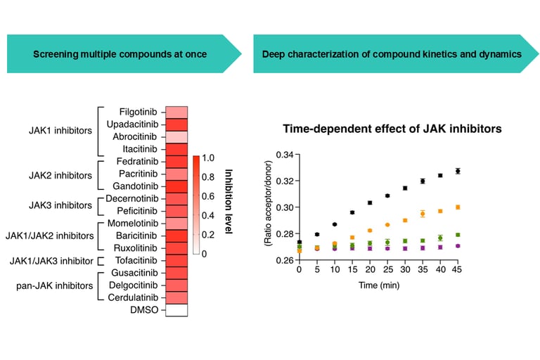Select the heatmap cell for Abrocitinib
177,137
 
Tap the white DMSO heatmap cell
177,311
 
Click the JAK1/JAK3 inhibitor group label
50,261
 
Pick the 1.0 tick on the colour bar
209,158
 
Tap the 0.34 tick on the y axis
283,154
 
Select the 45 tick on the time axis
458,270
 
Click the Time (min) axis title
378,285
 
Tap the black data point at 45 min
458,171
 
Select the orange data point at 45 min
458,207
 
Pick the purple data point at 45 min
458,246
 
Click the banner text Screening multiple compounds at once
120,54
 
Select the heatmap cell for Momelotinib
177,224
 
